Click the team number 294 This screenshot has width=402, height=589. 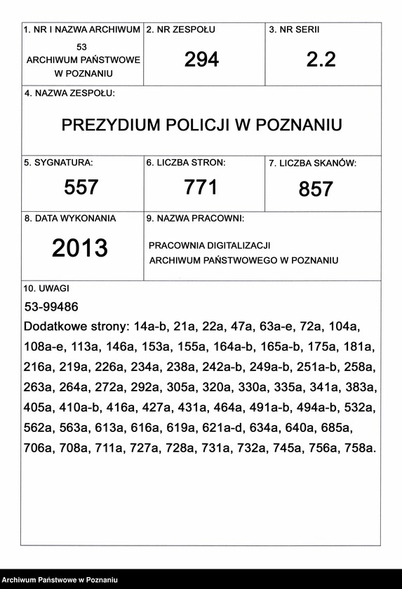tap(201, 60)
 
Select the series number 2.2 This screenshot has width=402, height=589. tap(321, 60)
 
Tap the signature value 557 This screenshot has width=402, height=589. tap(81, 187)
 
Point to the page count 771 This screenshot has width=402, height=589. tap(201, 187)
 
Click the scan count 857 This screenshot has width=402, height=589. tap(316, 189)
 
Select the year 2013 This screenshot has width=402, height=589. tap(80, 248)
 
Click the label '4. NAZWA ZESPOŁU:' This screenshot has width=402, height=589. tap(69, 93)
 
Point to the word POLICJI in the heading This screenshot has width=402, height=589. tap(193, 125)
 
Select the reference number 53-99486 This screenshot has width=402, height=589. tap(51, 307)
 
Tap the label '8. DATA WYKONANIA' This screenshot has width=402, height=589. tap(70, 218)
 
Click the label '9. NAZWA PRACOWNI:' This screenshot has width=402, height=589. tap(195, 219)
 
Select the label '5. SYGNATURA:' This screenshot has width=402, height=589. tap(58, 162)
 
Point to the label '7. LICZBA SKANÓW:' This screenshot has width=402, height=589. tap(313, 163)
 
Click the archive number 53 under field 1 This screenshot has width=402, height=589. tap(81, 46)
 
